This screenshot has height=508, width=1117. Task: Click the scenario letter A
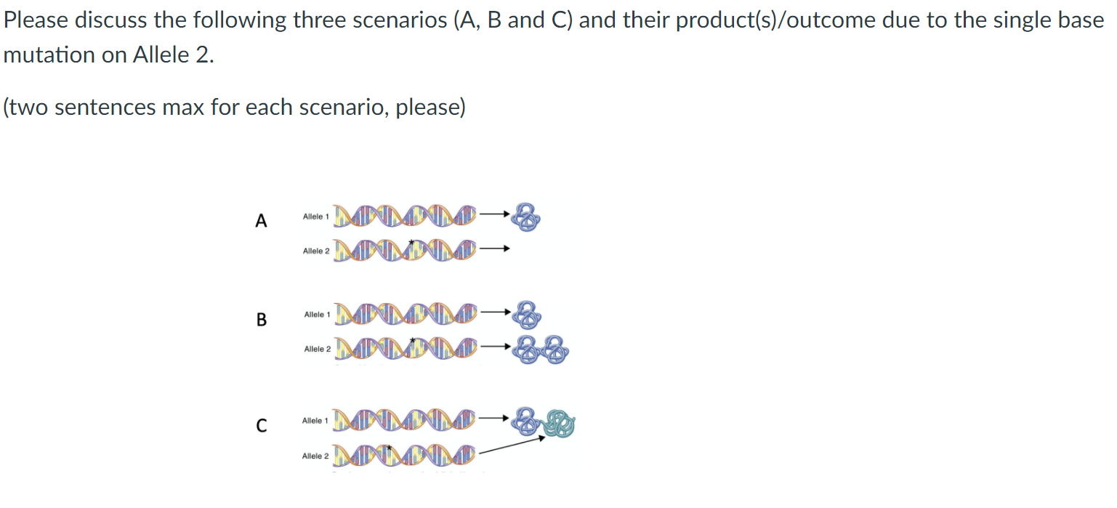click(x=262, y=221)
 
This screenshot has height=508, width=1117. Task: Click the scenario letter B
click(x=262, y=320)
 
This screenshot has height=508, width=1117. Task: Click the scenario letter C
click(x=262, y=426)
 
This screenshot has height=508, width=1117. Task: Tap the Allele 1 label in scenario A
click(x=316, y=217)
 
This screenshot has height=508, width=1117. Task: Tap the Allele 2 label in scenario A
click(x=316, y=251)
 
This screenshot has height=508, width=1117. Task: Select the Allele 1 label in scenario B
click(x=317, y=315)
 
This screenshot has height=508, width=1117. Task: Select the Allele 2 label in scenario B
click(x=317, y=349)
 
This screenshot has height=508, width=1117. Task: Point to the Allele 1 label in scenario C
click(x=315, y=421)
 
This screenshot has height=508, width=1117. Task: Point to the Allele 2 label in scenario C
click(x=315, y=456)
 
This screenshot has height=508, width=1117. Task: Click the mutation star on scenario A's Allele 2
click(x=411, y=242)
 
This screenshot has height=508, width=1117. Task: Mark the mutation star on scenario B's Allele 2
click(x=412, y=340)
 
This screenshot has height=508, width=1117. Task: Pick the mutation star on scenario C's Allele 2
click(x=390, y=447)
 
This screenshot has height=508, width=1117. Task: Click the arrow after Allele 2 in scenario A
click(x=494, y=249)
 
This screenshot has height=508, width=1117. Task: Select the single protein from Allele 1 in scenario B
click(x=528, y=314)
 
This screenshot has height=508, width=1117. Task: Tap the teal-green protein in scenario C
click(x=560, y=423)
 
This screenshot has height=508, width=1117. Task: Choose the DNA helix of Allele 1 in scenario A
click(x=406, y=216)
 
